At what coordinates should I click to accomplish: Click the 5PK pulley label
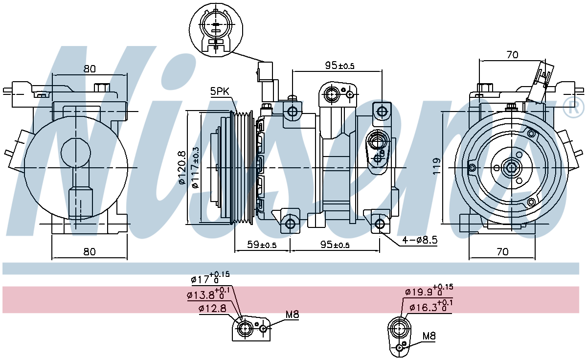click(220, 91)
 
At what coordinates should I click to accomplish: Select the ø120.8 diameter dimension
click(181, 168)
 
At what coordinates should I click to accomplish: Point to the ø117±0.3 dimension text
click(195, 168)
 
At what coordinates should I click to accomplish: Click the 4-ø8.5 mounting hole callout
click(420, 240)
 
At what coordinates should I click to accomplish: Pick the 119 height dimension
click(436, 166)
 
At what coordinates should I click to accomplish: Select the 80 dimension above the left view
click(89, 69)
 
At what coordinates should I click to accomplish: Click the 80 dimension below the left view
click(89, 252)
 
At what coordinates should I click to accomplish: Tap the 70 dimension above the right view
click(512, 55)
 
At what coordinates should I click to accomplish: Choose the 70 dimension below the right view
click(502, 252)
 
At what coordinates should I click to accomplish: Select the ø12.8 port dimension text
click(212, 308)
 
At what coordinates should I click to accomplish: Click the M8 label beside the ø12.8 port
click(292, 315)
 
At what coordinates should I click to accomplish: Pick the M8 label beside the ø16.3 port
click(429, 336)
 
